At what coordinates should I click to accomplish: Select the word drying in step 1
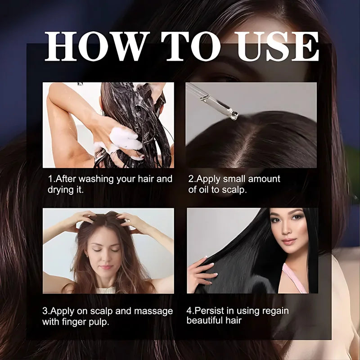[61, 189]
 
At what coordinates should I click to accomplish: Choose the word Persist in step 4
[209, 311]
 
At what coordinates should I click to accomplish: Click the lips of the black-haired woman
[288, 241]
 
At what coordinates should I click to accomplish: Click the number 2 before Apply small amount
[191, 179]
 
